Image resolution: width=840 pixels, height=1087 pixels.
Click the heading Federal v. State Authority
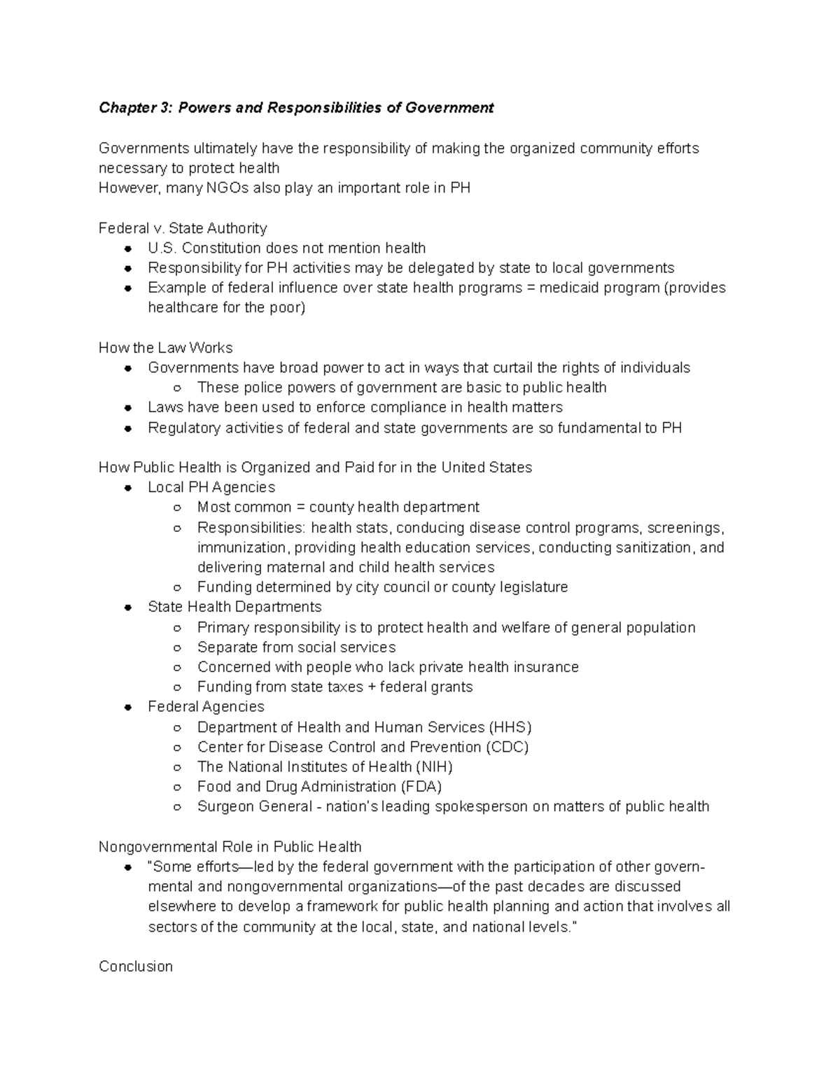click(x=183, y=228)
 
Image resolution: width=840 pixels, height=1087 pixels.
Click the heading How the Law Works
click(x=165, y=348)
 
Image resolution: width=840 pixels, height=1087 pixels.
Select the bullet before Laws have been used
click(x=128, y=408)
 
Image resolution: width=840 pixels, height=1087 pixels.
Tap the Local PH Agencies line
click(x=211, y=487)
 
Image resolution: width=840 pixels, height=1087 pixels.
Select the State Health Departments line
click(x=234, y=607)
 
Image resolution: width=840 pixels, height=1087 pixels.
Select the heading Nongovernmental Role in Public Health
click(x=230, y=847)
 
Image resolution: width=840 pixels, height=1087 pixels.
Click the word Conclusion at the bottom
click(x=136, y=967)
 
